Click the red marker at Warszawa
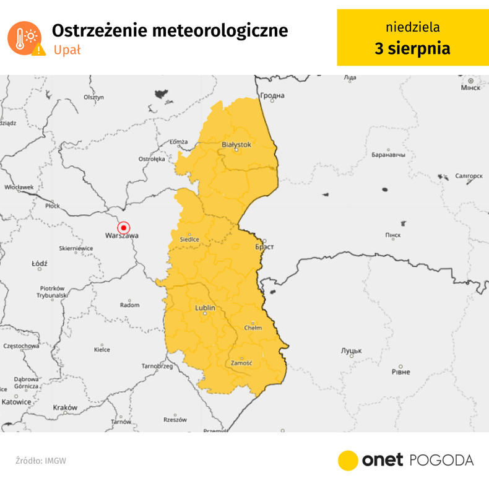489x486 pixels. click(x=123, y=228)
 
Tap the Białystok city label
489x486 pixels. click(x=236, y=144)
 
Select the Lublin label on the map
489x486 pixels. click(x=205, y=308)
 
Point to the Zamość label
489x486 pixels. click(x=241, y=363)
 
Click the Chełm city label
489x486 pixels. click(x=253, y=328)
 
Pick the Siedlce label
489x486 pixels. click(x=189, y=239)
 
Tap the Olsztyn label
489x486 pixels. click(x=93, y=97)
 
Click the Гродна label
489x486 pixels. click(x=272, y=95)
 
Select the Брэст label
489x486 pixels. click(x=264, y=246)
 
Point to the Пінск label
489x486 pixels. click(x=393, y=235)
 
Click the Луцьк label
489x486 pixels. click(x=351, y=351)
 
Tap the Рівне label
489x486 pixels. click(x=400, y=371)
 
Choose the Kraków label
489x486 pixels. click(x=65, y=407)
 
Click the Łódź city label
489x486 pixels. click(x=40, y=264)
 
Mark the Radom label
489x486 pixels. click(x=129, y=305)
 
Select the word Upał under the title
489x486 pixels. click(x=67, y=50)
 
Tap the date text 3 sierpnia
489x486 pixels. click(x=412, y=48)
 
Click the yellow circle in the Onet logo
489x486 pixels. click(x=348, y=460)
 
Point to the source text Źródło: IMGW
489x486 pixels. click(x=41, y=461)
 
